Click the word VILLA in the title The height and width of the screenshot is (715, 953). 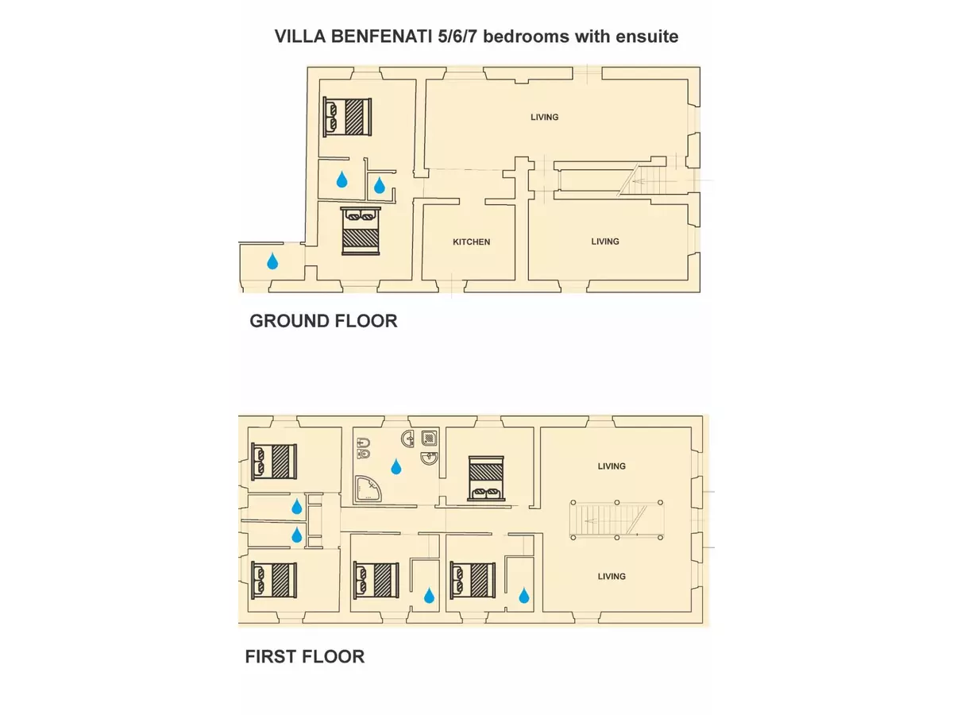click(300, 37)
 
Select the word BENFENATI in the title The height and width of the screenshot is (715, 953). click(382, 37)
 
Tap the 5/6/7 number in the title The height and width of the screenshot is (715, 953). click(457, 37)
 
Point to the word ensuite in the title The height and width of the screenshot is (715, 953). click(646, 37)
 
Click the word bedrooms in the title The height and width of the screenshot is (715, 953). click(526, 37)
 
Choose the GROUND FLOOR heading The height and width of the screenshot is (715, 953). click(323, 321)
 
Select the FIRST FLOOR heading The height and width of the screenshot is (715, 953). click(305, 656)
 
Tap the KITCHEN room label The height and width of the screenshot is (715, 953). click(471, 242)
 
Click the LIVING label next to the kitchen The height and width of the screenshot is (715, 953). click(605, 242)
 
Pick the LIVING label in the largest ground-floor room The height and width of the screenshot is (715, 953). click(545, 117)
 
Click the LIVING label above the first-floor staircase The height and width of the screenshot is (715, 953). click(612, 466)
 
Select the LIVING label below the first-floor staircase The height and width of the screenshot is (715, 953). click(612, 577)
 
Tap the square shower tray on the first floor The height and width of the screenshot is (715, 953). click(429, 438)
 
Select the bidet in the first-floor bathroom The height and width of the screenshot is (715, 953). click(364, 443)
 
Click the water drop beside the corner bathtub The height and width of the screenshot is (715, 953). click(396, 466)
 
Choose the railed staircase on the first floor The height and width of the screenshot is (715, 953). click(616, 520)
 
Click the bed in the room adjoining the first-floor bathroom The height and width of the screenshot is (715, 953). click(486, 478)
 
